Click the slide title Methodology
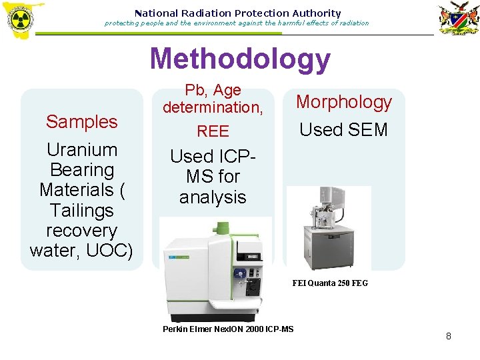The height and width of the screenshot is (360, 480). (x=240, y=59)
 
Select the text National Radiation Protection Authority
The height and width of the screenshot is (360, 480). (x=237, y=13)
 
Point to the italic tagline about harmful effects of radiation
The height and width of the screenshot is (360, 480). (x=237, y=23)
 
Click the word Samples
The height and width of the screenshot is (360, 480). (x=81, y=121)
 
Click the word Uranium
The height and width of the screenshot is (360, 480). (x=81, y=150)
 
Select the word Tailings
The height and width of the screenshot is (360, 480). (x=81, y=211)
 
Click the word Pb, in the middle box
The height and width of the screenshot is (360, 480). (x=195, y=90)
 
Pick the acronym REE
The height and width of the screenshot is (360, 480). (x=213, y=131)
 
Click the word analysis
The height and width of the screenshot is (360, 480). (x=213, y=197)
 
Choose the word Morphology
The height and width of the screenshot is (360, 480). (x=343, y=102)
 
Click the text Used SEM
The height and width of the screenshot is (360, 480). (x=343, y=129)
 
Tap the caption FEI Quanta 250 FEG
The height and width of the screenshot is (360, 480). (x=330, y=283)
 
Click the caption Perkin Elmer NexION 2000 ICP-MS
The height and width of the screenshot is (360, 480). (x=228, y=329)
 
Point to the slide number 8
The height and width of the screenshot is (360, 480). (x=448, y=337)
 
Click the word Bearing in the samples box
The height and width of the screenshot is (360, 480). (x=81, y=170)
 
